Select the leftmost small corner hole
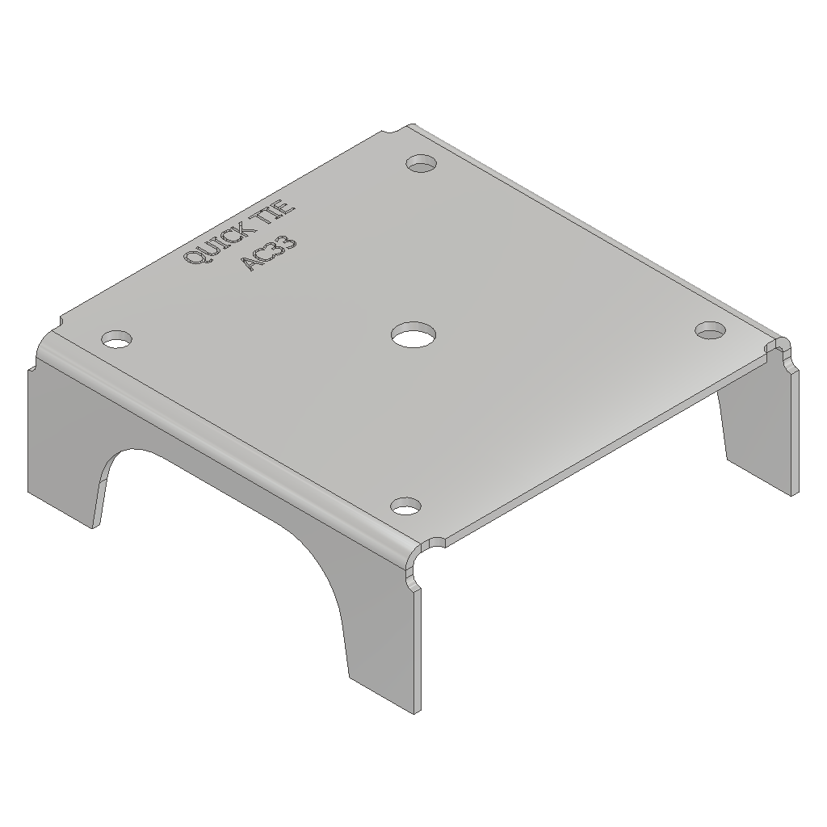point(117,338)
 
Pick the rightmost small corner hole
point(711,330)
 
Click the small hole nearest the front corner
point(406,506)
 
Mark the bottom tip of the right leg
point(790,489)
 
